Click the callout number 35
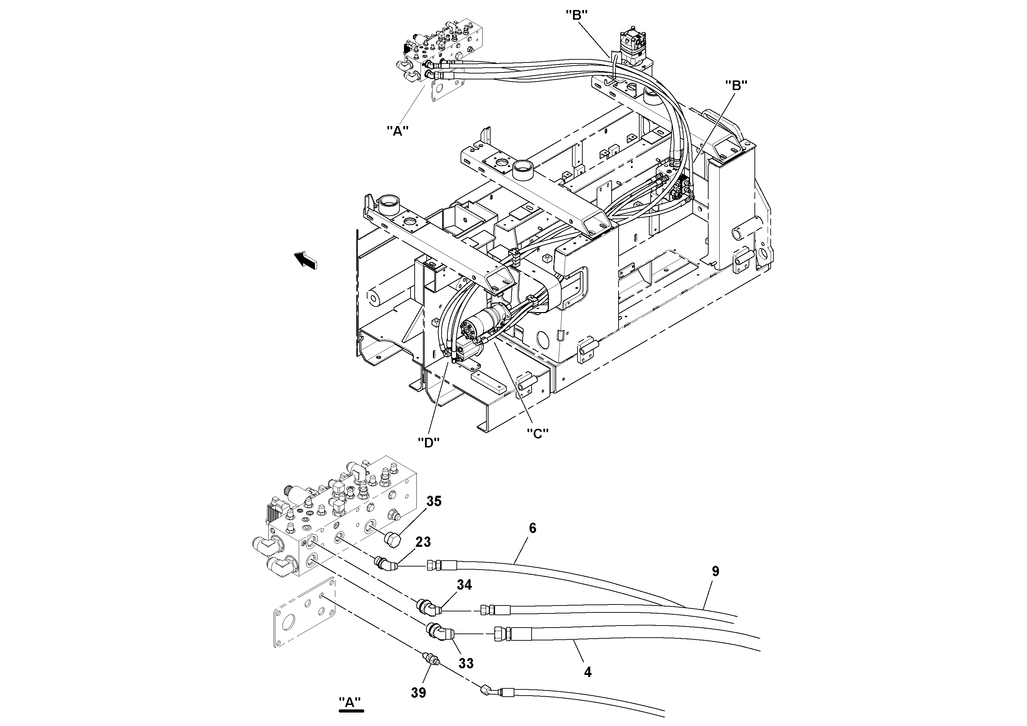(x=433, y=501)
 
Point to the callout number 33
(x=466, y=663)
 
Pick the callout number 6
(x=532, y=528)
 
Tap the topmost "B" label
(x=576, y=15)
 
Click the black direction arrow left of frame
(x=306, y=260)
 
